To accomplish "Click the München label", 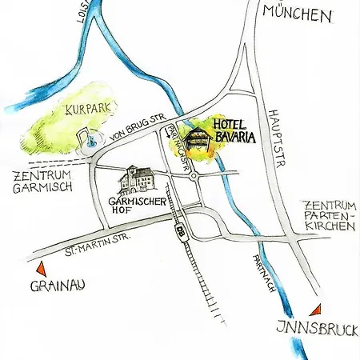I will tap(296, 14).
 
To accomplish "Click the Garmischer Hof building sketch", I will tap(136, 180).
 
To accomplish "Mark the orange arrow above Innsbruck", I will tap(318, 309).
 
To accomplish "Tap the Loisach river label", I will tap(81, 16).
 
